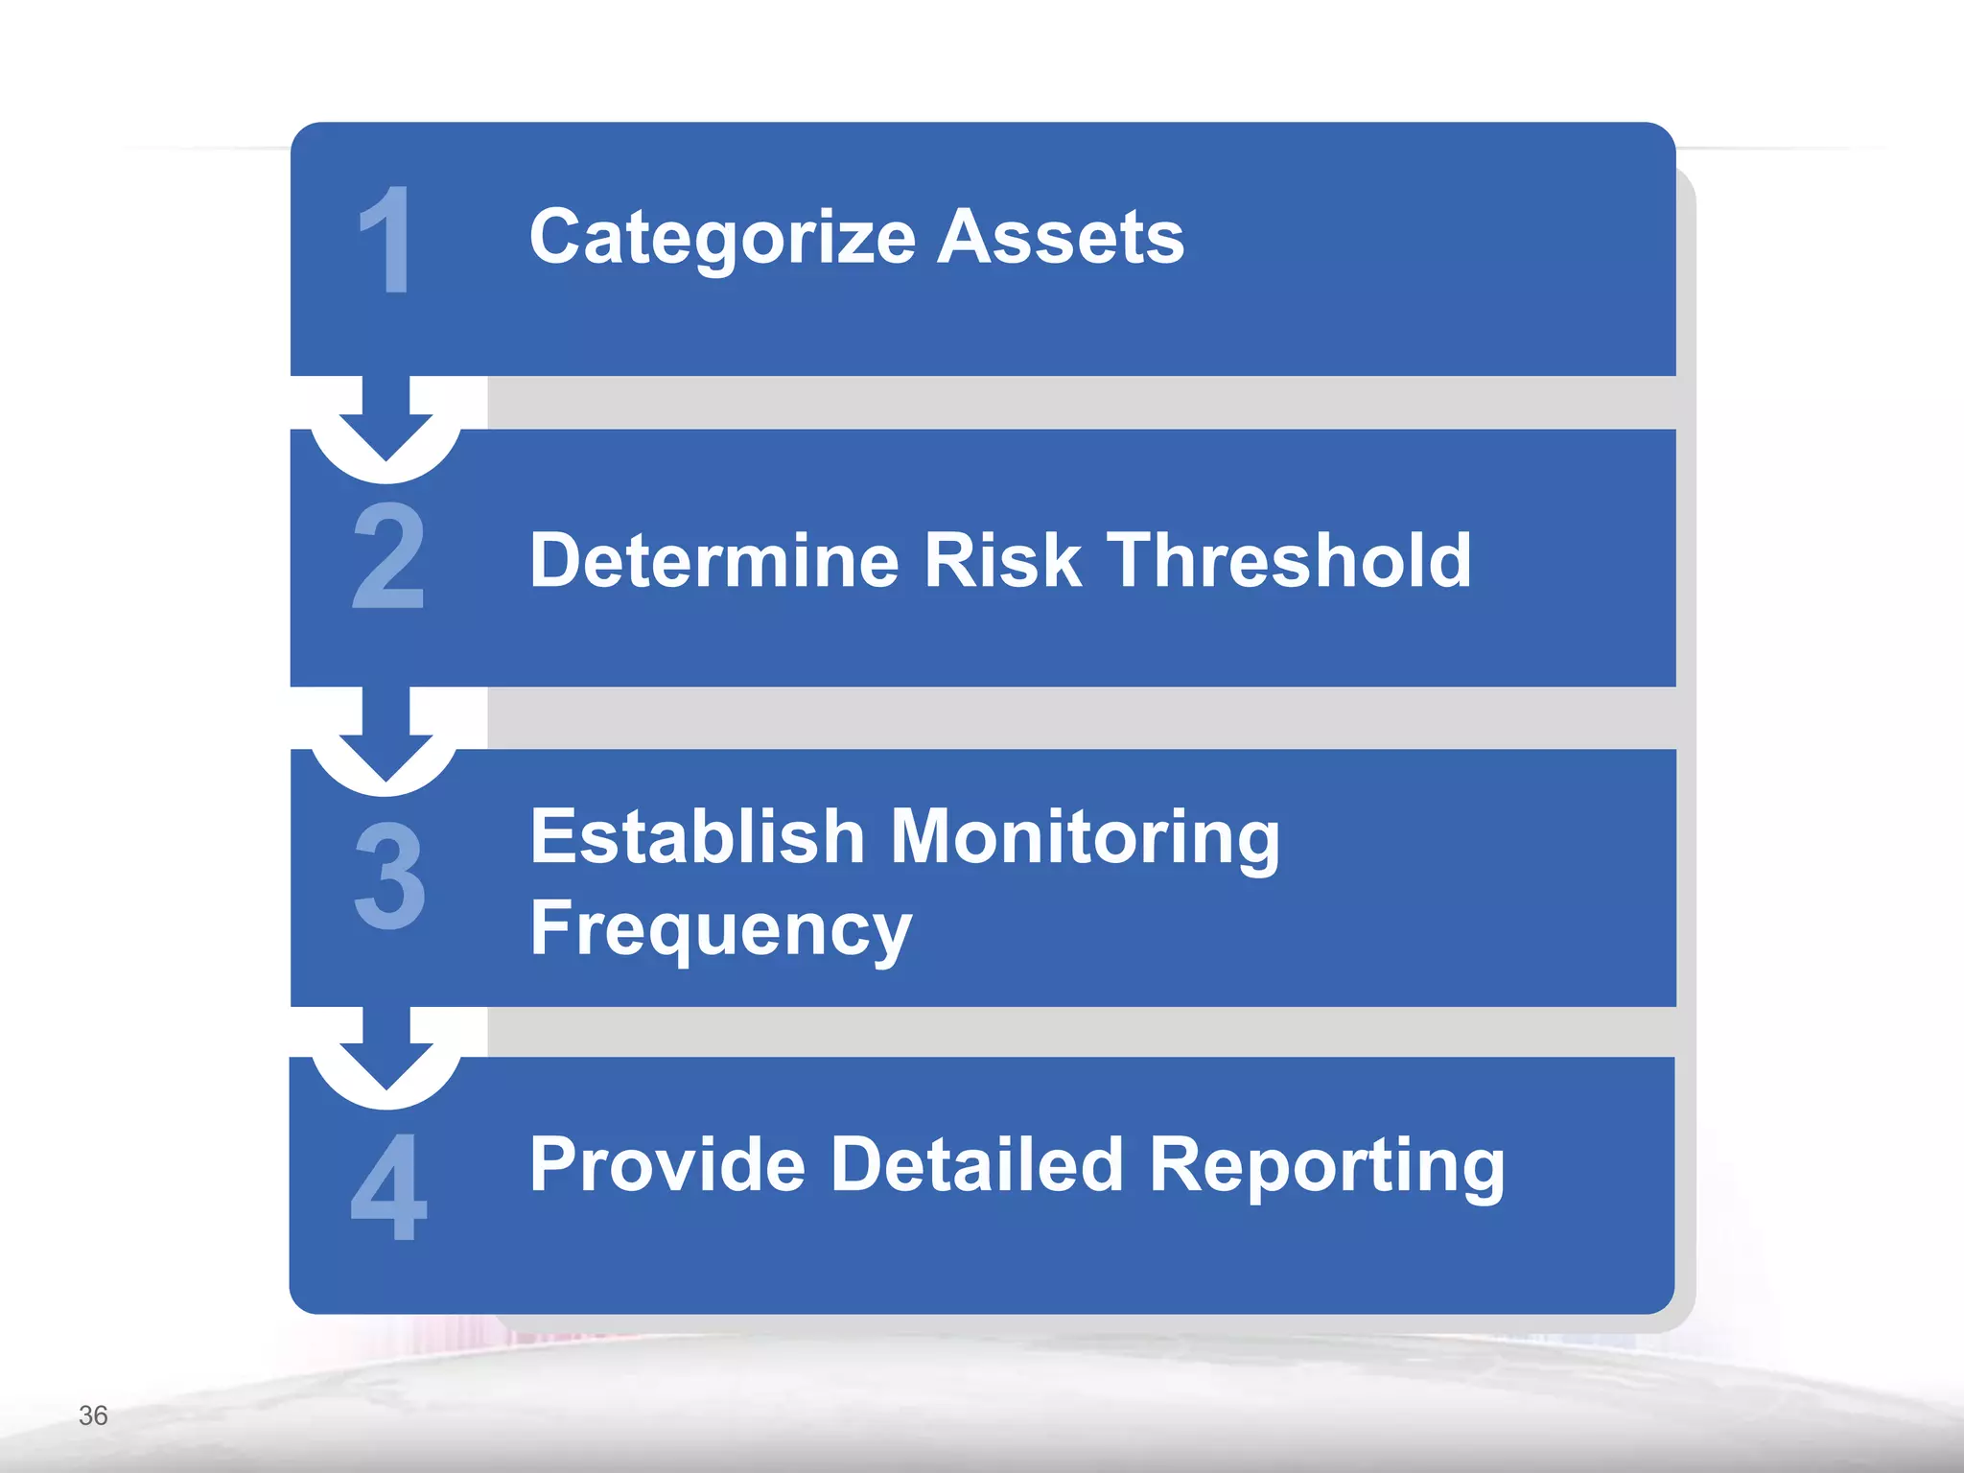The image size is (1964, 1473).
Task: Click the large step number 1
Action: tap(386, 240)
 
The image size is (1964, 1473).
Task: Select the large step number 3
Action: tap(388, 876)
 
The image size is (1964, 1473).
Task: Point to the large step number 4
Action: tap(388, 1186)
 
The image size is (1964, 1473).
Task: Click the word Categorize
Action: tap(722, 238)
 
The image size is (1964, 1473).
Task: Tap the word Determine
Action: tap(714, 560)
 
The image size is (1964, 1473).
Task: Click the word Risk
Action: tap(1002, 560)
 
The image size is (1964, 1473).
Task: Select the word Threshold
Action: tap(1289, 560)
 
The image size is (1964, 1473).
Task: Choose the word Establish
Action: tap(698, 836)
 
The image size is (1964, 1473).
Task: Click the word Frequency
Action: tap(720, 929)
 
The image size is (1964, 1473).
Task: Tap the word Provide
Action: tap(667, 1164)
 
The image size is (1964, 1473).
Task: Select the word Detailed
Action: tap(976, 1164)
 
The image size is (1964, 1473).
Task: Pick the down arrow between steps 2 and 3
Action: tap(386, 738)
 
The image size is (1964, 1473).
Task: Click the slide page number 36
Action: tap(93, 1415)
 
